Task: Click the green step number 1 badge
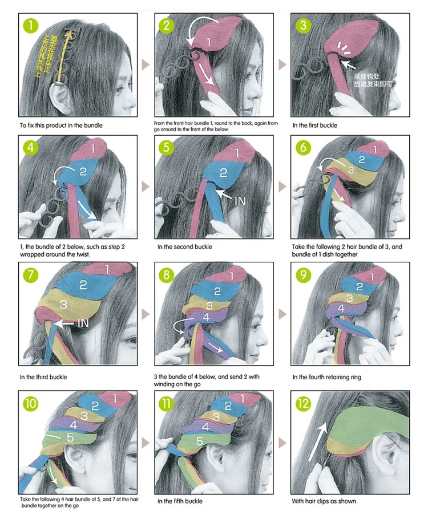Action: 30,25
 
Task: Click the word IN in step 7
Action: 83,323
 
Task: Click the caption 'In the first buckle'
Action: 314,125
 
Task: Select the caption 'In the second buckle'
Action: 184,247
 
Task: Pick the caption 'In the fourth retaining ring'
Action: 326,377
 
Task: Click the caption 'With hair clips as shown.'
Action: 325,501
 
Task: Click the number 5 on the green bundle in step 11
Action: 200,441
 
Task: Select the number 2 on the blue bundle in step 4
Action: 82,171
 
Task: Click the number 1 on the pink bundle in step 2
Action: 208,42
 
